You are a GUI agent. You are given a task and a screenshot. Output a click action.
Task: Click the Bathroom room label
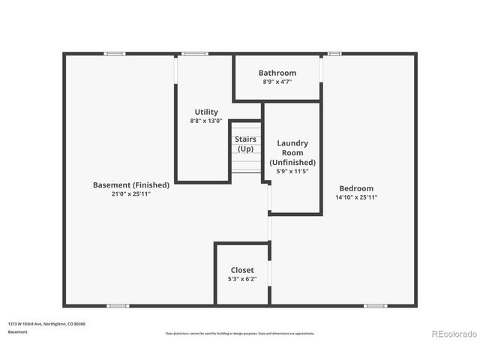point(277,73)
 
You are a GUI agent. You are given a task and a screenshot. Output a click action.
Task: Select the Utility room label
point(206,112)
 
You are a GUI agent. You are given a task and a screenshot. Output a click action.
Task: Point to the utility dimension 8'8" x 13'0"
point(206,121)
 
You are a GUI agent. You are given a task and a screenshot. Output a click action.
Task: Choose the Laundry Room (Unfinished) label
point(292,152)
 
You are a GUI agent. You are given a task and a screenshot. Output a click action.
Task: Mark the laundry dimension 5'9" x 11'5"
point(292,172)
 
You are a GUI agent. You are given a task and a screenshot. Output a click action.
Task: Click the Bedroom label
point(356,188)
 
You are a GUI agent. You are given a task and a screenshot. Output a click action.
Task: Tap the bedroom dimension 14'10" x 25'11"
point(356,197)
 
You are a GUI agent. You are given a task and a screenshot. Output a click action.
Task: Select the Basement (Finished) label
point(131,185)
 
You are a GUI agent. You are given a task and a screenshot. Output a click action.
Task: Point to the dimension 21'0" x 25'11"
point(131,194)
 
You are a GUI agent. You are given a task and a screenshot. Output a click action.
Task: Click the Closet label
point(242,270)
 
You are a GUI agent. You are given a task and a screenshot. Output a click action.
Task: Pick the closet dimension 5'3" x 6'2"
point(242,279)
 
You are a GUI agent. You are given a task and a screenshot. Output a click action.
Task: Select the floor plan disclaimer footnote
point(240,333)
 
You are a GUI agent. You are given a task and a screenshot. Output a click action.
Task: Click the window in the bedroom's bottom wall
point(375,306)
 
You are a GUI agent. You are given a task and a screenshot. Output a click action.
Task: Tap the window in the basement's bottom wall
point(118,306)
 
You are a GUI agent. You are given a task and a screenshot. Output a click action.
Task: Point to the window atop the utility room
point(195,53)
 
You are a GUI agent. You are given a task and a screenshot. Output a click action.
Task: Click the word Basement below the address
point(18,331)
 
